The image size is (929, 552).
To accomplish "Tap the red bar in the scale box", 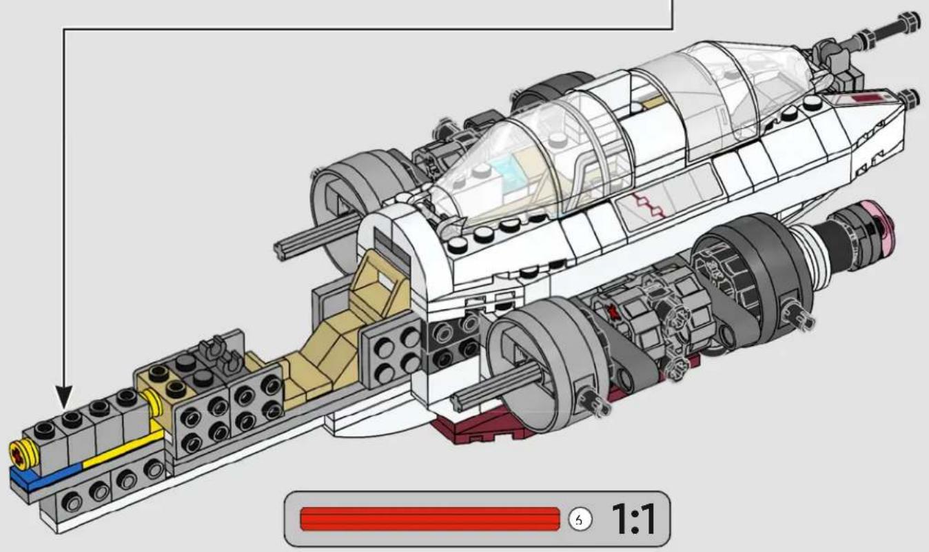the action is coord(429,518).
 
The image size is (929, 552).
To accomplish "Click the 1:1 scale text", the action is coord(633,518).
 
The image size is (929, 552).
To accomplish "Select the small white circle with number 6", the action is coord(580,519).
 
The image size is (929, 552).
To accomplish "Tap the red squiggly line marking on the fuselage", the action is coord(649,205).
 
